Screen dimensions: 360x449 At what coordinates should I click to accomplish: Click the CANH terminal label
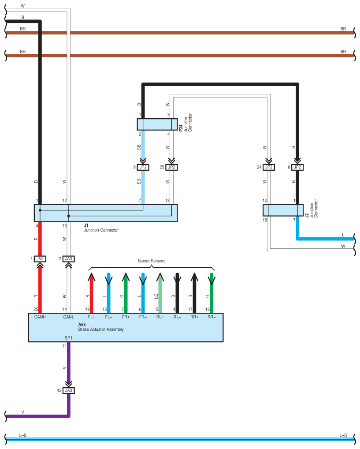click(40, 317)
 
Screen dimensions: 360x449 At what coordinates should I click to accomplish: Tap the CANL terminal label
click(68, 317)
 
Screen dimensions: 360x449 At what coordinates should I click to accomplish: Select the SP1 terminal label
click(68, 338)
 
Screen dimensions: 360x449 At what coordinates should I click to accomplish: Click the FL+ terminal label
click(91, 317)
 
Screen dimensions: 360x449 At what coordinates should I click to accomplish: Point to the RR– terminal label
click(212, 317)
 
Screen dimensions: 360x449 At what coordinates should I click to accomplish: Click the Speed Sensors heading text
click(152, 261)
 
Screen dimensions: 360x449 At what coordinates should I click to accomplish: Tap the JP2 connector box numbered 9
click(143, 167)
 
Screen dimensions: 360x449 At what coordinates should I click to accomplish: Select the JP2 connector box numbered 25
click(171, 167)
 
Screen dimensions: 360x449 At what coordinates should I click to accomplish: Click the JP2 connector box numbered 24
click(269, 167)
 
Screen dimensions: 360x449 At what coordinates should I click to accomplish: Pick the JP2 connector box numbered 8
click(297, 167)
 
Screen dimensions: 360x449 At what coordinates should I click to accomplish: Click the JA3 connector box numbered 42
click(68, 391)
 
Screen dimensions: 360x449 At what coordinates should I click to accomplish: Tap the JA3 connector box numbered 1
click(40, 259)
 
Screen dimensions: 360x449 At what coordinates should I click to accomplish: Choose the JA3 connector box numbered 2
click(68, 259)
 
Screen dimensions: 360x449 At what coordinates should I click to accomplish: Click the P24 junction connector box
click(157, 124)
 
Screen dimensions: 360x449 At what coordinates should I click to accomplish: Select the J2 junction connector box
click(283, 210)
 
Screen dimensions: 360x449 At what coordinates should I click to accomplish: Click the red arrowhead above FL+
click(91, 277)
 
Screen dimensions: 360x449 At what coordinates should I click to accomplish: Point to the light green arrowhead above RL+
click(160, 277)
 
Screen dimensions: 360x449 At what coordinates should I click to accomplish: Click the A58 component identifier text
click(82, 325)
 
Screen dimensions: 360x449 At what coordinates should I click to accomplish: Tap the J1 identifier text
click(86, 225)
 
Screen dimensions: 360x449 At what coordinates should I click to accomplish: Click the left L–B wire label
click(22, 435)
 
